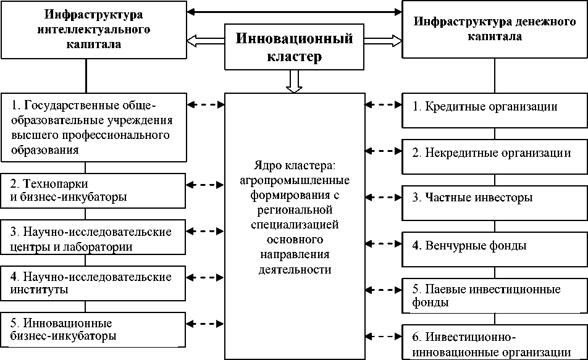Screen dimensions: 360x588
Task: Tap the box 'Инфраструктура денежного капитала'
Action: tap(494, 30)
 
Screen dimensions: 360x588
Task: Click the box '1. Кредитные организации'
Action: tap(494, 107)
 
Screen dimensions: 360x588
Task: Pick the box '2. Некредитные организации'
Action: tap(494, 153)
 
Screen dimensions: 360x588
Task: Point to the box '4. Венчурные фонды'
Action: tap(494, 246)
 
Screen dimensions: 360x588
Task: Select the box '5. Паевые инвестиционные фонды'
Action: tap(494, 296)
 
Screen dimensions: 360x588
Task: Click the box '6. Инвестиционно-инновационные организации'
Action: tap(494, 343)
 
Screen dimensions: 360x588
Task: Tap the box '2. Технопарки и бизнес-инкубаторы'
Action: tap(93, 190)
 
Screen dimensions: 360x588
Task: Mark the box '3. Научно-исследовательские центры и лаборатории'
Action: tap(93, 239)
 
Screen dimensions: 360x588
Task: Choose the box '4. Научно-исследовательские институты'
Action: tap(93, 282)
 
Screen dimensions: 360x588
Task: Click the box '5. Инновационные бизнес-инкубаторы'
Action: tap(93, 329)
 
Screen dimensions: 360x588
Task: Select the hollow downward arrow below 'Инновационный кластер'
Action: tap(295, 80)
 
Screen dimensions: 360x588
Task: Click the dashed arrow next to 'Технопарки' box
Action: tap(206, 184)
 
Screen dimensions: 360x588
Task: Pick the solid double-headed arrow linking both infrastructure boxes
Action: tap(294, 10)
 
